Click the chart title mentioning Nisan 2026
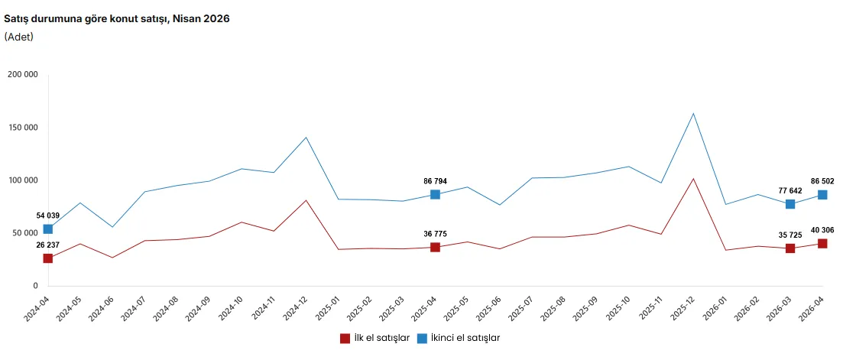117,19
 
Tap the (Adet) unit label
18,37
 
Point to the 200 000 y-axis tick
23,75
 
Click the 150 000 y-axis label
23,128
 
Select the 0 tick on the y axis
35,286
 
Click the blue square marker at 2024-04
48,229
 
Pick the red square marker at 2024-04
48,258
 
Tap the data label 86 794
435,181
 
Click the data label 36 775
435,234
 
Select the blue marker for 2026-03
790,204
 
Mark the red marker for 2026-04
822,244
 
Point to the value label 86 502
822,181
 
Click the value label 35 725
790,235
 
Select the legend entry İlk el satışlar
374,338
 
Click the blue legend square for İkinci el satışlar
422,338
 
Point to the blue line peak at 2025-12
693,113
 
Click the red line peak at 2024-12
306,200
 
